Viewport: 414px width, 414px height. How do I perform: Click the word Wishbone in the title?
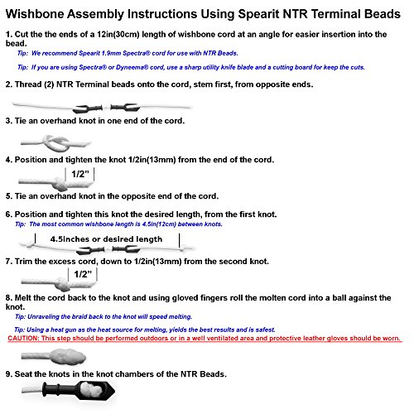[35, 14]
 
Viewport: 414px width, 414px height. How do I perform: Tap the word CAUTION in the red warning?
[23, 338]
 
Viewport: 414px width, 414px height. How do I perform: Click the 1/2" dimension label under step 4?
[80, 174]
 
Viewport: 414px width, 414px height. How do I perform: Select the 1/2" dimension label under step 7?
[83, 274]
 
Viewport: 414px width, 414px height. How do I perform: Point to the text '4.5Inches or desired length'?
[106, 239]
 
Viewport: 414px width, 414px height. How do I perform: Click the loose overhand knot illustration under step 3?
[56, 143]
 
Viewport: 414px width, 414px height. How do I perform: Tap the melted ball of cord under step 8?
[68, 356]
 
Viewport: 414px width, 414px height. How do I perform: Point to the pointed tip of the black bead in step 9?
[114, 390]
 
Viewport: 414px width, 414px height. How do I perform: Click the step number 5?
[8, 196]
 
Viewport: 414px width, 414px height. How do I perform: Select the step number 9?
[8, 374]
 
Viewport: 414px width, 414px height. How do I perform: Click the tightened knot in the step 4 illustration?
[59, 184]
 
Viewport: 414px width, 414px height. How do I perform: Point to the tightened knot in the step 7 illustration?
[62, 284]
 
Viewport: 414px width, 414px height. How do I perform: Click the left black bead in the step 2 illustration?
[88, 108]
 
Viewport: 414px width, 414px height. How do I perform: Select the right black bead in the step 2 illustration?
[125, 107]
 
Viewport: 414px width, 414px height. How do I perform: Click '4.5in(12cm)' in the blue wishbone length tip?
[159, 224]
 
